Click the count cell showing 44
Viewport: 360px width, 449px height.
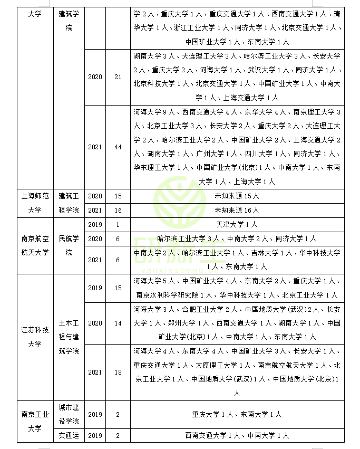click(118, 147)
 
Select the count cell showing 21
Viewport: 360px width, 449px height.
click(118, 77)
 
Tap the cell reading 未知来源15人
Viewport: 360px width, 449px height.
click(237, 196)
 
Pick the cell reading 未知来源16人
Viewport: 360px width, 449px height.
click(237, 210)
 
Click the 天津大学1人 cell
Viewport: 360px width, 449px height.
click(237, 225)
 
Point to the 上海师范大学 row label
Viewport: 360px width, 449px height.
click(35, 203)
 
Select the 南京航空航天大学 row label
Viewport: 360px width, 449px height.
click(35, 245)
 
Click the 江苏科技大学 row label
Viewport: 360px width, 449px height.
click(35, 337)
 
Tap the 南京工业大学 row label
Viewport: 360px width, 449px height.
click(35, 422)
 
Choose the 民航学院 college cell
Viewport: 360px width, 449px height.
click(69, 245)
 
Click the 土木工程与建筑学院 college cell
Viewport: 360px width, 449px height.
click(69, 337)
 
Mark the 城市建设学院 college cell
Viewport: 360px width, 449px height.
click(69, 415)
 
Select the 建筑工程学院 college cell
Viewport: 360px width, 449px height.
click(69, 203)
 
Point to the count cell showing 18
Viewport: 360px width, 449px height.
click(118, 372)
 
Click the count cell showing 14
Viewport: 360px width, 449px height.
click(118, 323)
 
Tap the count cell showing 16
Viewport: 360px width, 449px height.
click(118, 210)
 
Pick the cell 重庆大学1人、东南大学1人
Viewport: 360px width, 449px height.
click(237, 415)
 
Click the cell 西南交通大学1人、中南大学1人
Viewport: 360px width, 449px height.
click(237, 436)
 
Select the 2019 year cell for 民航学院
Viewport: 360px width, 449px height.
click(95, 225)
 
